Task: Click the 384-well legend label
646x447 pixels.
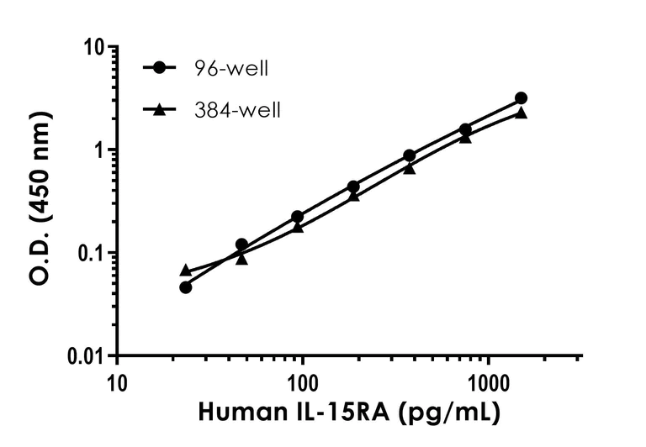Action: pos(236,109)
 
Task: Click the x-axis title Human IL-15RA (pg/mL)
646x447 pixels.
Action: pos(349,413)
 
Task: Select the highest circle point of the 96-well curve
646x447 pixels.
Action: pos(521,98)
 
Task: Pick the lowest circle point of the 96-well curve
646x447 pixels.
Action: pos(186,287)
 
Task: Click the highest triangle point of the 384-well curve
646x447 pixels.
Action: pos(521,113)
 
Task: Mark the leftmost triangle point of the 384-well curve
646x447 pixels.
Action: pos(186,270)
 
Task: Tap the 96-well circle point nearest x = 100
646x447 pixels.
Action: pos(297,217)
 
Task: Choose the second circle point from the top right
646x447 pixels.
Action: pos(465,129)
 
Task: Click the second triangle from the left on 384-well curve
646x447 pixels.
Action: pos(241,259)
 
